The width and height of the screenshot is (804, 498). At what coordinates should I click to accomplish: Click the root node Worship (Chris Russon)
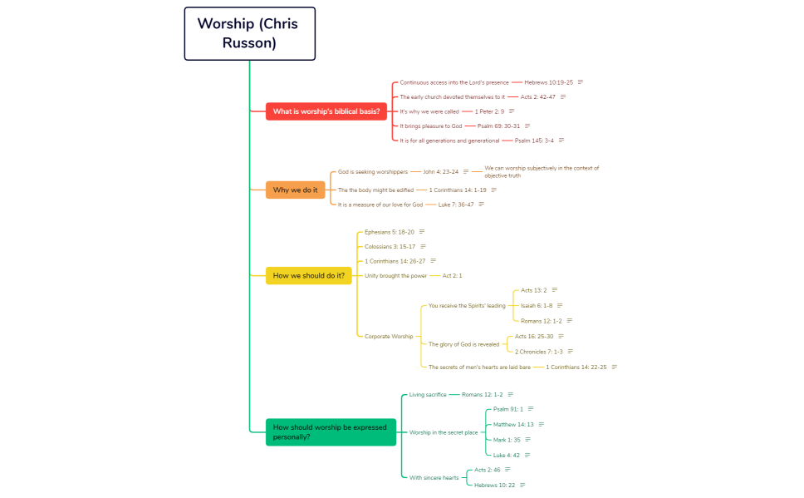pyautogui.click(x=249, y=33)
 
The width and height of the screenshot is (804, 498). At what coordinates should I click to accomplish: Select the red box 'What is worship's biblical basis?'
pyautogui.click(x=326, y=111)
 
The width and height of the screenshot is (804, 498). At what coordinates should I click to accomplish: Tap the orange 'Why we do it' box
pyautogui.click(x=295, y=190)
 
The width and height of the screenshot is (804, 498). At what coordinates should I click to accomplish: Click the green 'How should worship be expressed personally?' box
pyautogui.click(x=331, y=431)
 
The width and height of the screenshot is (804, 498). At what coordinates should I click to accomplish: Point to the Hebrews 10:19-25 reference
pyautogui.click(x=548, y=82)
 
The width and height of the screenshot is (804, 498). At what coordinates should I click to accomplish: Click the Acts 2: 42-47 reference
pyautogui.click(x=537, y=97)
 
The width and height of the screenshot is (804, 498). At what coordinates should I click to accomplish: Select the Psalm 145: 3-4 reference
pyautogui.click(x=534, y=141)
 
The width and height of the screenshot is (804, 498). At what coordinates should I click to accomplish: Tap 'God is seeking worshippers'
pyautogui.click(x=373, y=172)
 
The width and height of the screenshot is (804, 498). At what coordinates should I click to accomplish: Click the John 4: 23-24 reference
pyautogui.click(x=440, y=172)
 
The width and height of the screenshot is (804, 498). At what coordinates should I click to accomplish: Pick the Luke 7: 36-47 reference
pyautogui.click(x=456, y=205)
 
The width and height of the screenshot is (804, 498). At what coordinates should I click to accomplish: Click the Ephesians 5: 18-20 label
pyautogui.click(x=390, y=232)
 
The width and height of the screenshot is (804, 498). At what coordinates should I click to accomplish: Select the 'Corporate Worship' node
pyautogui.click(x=389, y=336)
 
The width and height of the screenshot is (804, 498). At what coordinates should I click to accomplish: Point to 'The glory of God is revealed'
pyautogui.click(x=464, y=344)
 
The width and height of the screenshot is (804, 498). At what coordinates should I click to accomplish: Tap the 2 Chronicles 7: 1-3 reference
pyautogui.click(x=538, y=352)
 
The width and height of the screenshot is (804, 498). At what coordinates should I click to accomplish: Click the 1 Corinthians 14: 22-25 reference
pyautogui.click(x=576, y=367)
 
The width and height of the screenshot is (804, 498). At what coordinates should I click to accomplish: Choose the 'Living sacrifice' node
pyautogui.click(x=428, y=394)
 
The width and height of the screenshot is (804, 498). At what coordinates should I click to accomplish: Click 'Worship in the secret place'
pyautogui.click(x=444, y=432)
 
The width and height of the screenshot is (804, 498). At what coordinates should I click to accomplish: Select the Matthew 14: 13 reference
pyautogui.click(x=513, y=425)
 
